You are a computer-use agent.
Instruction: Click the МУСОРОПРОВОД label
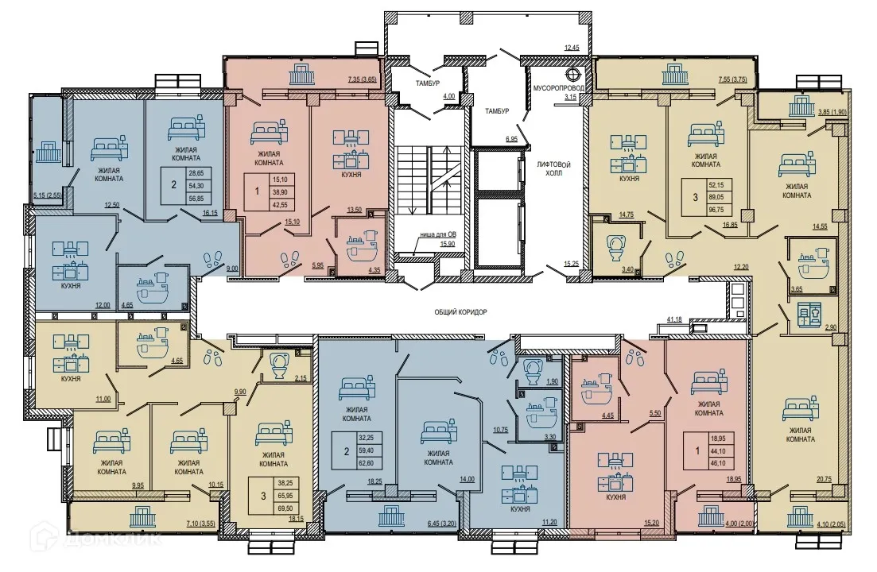click(x=557, y=86)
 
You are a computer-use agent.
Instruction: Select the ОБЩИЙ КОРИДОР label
click(x=460, y=312)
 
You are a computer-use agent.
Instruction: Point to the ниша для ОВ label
click(x=439, y=235)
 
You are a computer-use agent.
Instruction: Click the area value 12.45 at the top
click(x=572, y=48)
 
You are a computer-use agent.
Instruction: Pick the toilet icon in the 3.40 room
click(x=616, y=247)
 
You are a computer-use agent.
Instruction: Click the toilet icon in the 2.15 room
click(x=279, y=367)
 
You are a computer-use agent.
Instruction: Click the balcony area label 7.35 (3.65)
click(x=362, y=79)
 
